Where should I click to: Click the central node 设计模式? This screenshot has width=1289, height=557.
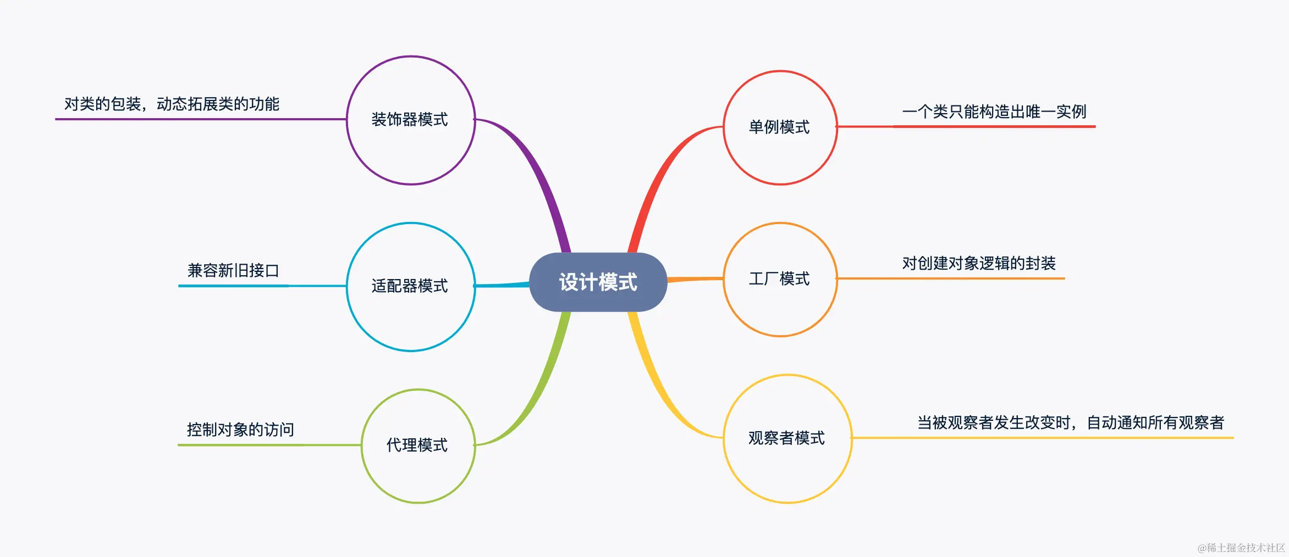[x=598, y=282]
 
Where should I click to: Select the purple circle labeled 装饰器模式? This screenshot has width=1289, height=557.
[x=410, y=120]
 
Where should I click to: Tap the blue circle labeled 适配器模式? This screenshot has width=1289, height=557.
[x=410, y=286]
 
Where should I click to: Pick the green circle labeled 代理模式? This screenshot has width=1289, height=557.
[x=417, y=445]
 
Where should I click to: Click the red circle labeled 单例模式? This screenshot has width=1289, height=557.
[x=779, y=127]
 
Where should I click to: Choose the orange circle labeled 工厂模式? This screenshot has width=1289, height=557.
[x=779, y=279]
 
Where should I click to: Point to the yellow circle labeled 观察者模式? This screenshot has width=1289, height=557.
[x=787, y=438]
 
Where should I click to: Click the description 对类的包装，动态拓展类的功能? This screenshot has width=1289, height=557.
[x=172, y=104]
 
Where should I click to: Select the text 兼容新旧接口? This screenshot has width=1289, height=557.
[x=233, y=270]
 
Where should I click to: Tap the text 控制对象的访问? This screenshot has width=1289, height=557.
[x=240, y=430]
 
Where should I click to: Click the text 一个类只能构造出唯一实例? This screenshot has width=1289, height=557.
[x=994, y=112]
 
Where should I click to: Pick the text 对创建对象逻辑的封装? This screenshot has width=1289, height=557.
[x=979, y=264]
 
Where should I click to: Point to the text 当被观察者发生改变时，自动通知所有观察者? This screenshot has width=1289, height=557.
[x=1071, y=423]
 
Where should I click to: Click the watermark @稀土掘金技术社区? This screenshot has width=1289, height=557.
[x=1241, y=548]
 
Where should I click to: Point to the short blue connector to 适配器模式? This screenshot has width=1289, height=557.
[x=502, y=285]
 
